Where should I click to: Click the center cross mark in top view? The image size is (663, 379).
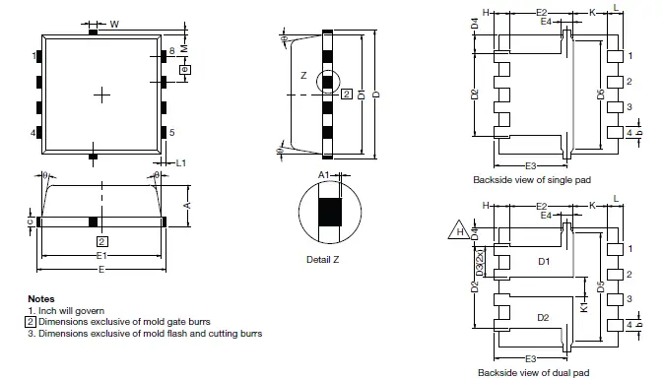pos(101,94)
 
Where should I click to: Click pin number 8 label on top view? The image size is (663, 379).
pos(171,50)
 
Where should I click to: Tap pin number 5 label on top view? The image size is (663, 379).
pos(171,132)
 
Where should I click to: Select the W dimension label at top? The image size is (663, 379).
pos(114,24)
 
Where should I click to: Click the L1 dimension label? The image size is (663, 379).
pos(181,161)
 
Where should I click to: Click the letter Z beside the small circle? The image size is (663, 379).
pos(303,75)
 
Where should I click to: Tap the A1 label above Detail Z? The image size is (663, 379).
pos(323,173)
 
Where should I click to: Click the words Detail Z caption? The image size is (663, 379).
pos(325,259)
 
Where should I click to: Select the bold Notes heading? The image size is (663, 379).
pos(40,298)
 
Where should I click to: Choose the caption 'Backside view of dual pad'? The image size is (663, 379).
pos(533,372)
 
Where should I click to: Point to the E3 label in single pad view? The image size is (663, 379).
pos(530,163)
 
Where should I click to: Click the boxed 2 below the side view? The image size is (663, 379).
pos(101,240)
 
